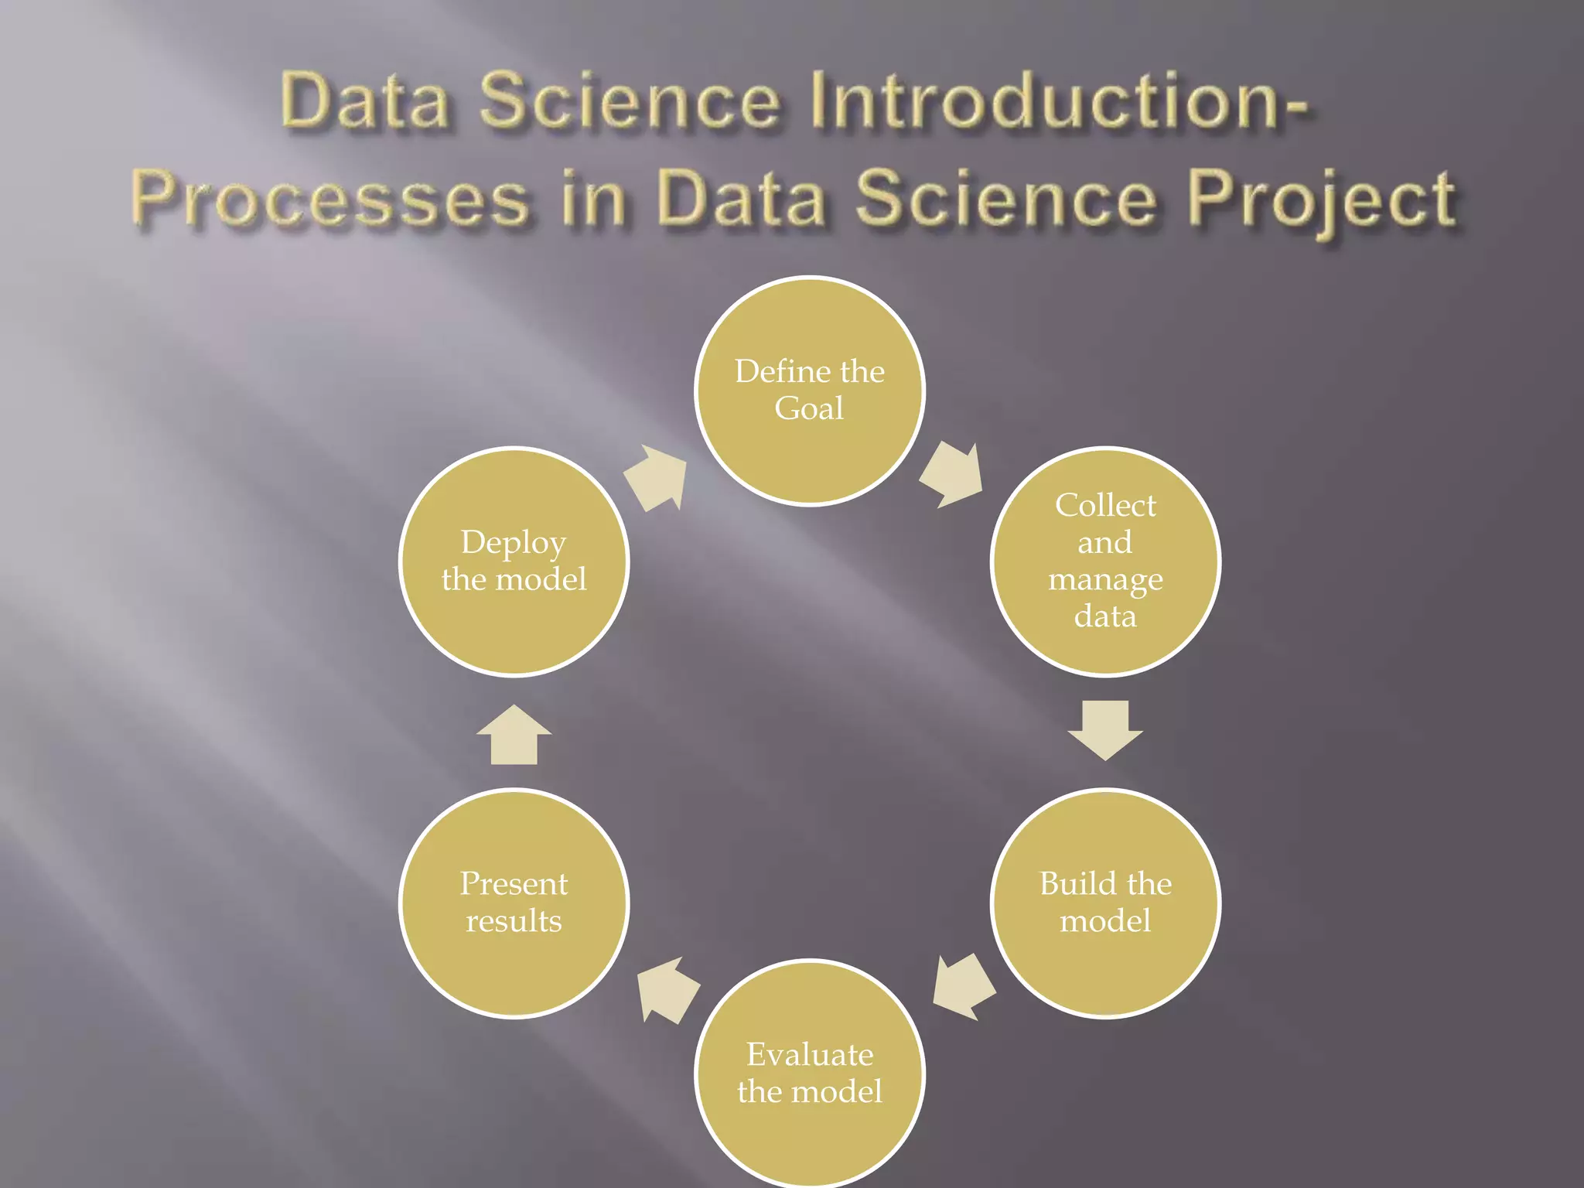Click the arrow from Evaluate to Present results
(667, 989)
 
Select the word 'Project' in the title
(1323, 200)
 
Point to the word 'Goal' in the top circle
(810, 408)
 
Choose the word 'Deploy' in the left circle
(514, 543)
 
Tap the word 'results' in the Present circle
(514, 921)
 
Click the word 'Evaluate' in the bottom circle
(810, 1055)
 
